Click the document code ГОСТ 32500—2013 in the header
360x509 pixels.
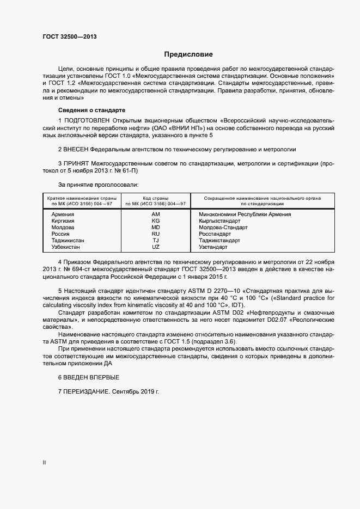point(69,37)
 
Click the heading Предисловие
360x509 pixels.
point(188,54)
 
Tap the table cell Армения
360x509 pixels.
point(63,214)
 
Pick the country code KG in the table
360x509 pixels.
point(156,221)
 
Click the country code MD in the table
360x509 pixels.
point(156,228)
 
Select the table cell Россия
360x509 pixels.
point(60,234)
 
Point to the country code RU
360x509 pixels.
point(156,234)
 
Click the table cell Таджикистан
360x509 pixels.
point(68,241)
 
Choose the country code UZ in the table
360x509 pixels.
point(156,247)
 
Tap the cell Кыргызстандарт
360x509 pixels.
point(219,221)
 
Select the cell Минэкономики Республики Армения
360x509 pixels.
point(245,214)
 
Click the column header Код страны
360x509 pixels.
point(156,198)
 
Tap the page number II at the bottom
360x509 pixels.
point(44,463)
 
